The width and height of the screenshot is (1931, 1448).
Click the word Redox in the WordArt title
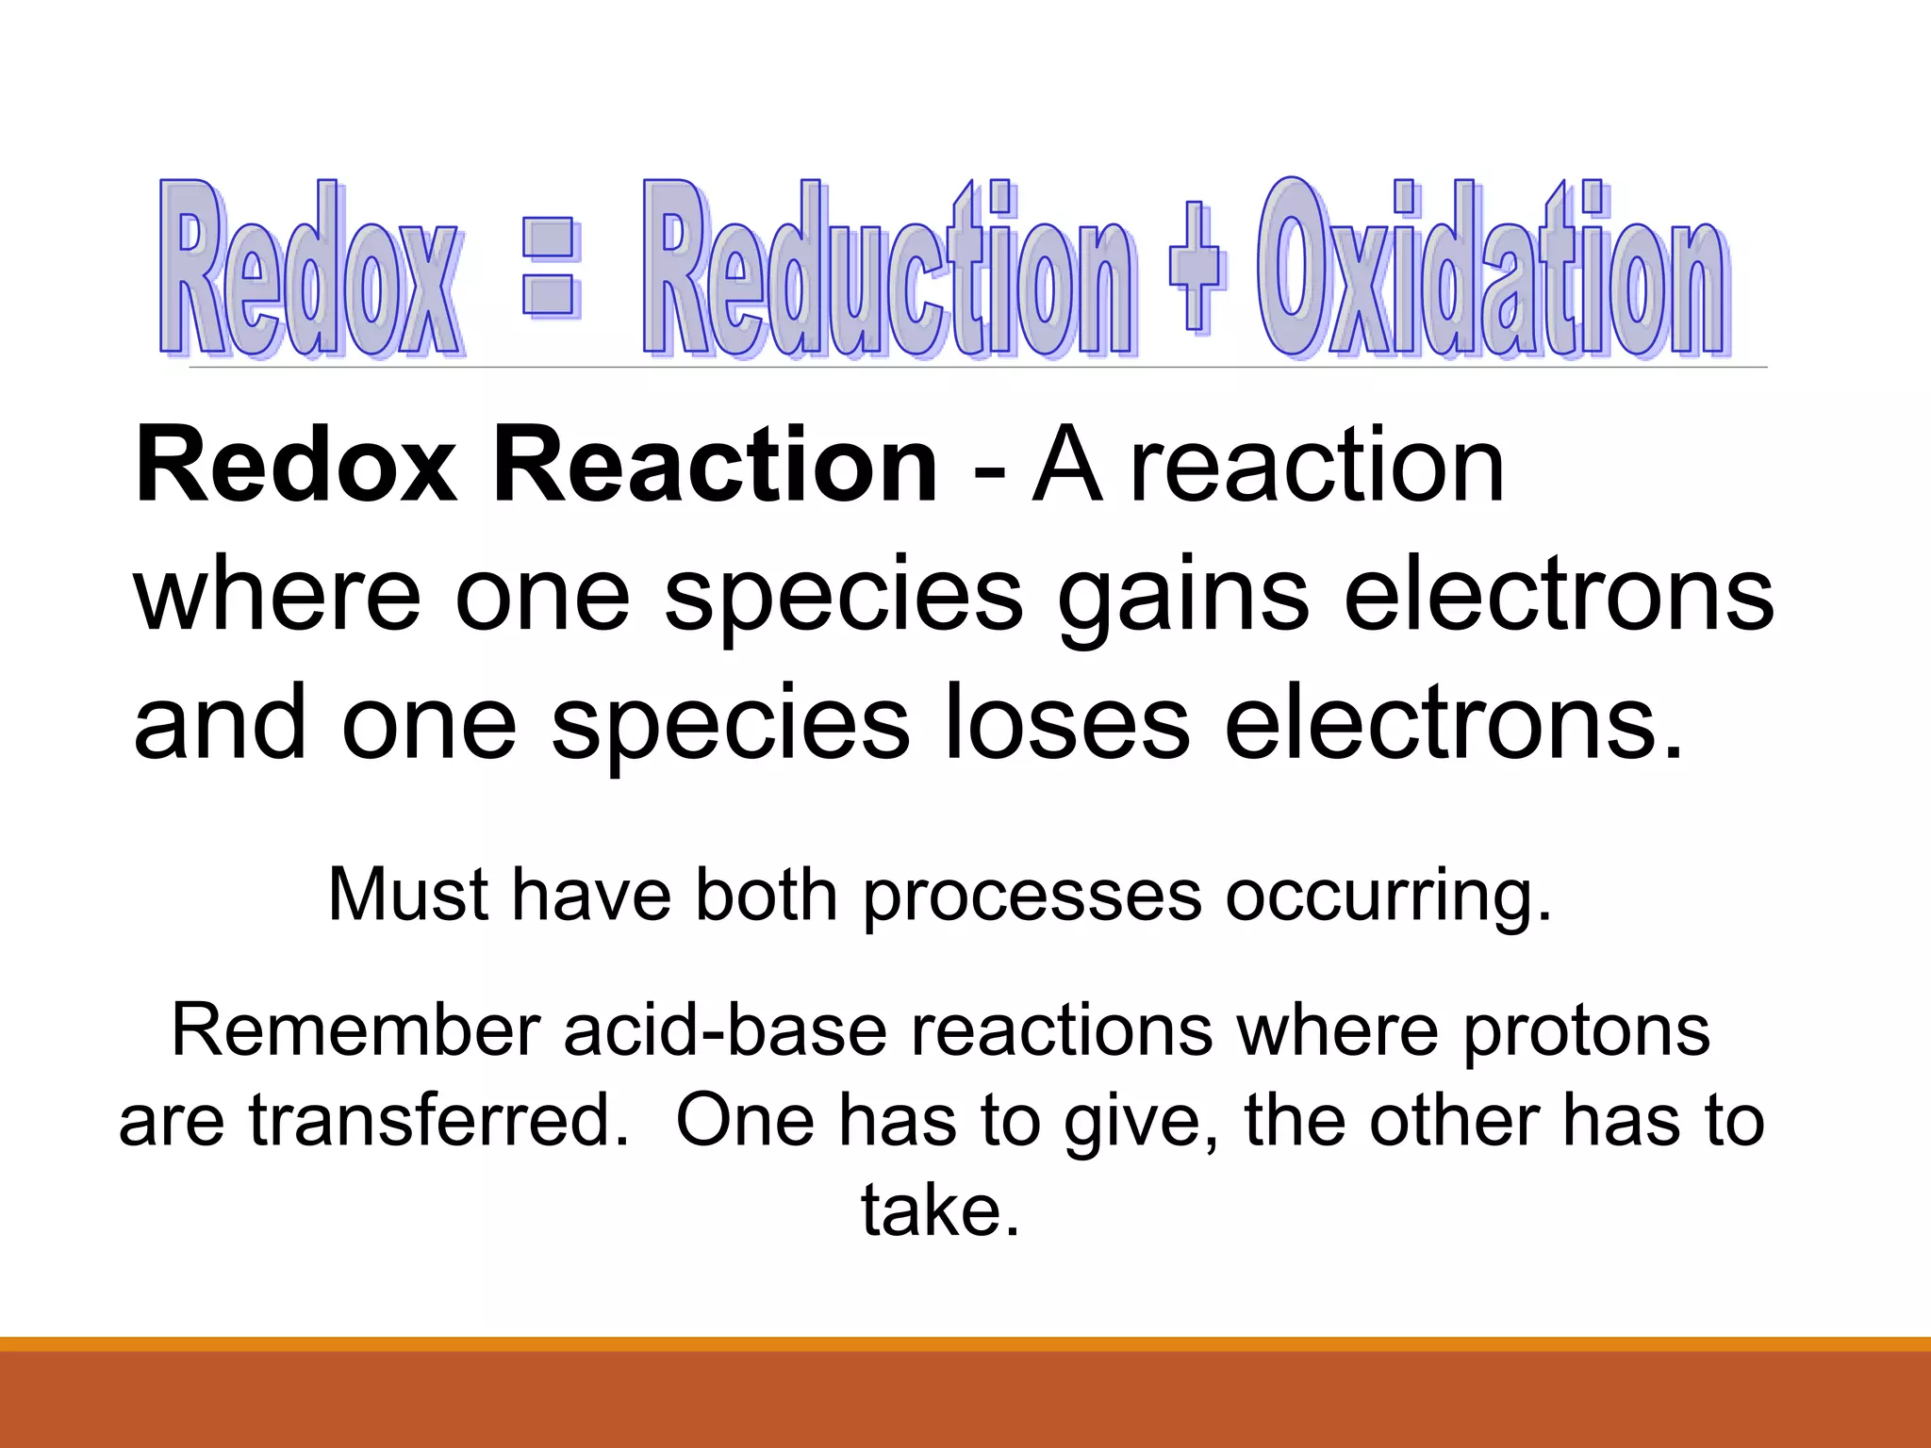coord(311,269)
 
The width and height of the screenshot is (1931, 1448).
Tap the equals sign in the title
coord(550,268)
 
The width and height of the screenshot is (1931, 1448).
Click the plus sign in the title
coord(1196,268)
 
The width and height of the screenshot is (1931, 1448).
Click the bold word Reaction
coord(715,466)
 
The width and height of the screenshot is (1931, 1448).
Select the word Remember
coord(355,1029)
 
